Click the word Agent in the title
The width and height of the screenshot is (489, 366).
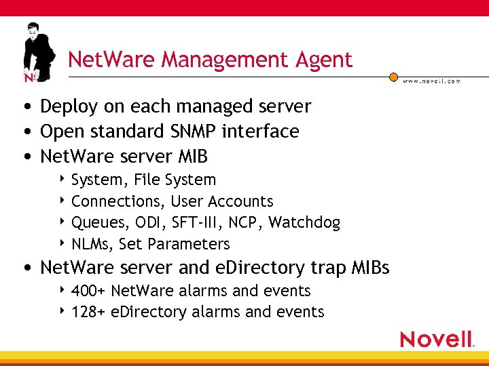click(324, 60)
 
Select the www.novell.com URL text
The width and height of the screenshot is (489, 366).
click(431, 81)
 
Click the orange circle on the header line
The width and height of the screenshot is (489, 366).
click(393, 77)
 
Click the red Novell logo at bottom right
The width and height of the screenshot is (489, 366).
click(436, 339)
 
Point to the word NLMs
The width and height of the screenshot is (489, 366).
click(92, 244)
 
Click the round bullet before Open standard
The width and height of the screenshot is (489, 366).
click(25, 131)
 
